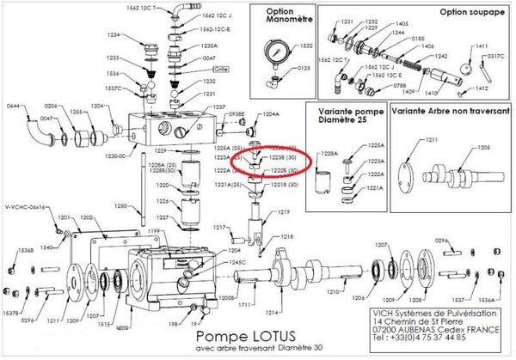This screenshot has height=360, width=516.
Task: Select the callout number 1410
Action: (431, 93)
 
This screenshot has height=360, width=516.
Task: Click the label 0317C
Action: (494, 57)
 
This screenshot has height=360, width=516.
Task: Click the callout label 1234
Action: (114, 34)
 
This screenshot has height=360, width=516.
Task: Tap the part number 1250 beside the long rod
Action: (121, 206)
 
